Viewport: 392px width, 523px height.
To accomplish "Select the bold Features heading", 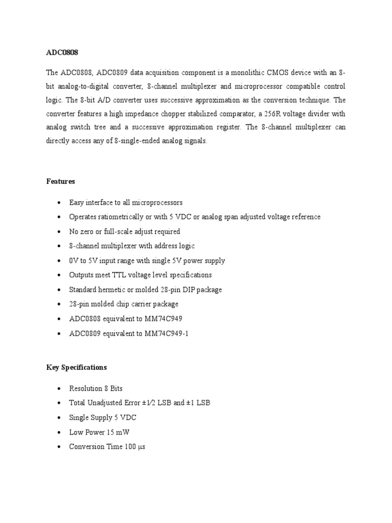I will click(x=60, y=181).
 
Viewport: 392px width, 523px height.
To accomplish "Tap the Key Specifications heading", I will click(x=77, y=367).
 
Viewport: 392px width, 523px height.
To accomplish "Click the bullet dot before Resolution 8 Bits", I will click(x=60, y=389).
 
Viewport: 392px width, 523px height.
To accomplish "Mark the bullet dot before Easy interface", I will click(x=60, y=203).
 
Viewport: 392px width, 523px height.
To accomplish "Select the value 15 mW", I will click(x=118, y=432).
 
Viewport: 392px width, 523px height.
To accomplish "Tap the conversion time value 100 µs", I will click(x=135, y=446).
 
